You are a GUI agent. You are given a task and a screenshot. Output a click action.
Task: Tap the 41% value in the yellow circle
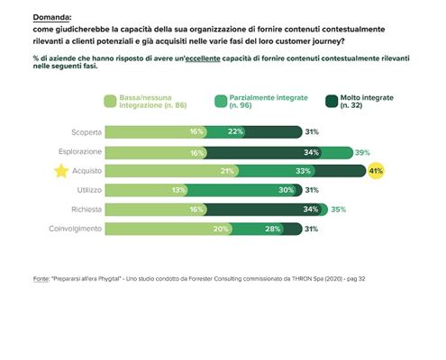tap(375, 171)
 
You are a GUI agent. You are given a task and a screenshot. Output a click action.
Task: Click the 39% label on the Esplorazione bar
tap(362, 152)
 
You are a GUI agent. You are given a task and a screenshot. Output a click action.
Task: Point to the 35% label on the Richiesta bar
tap(339, 210)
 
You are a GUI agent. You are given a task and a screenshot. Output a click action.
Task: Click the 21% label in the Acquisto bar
tap(203, 171)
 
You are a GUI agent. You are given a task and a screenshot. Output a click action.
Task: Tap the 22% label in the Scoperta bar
tap(235, 132)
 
